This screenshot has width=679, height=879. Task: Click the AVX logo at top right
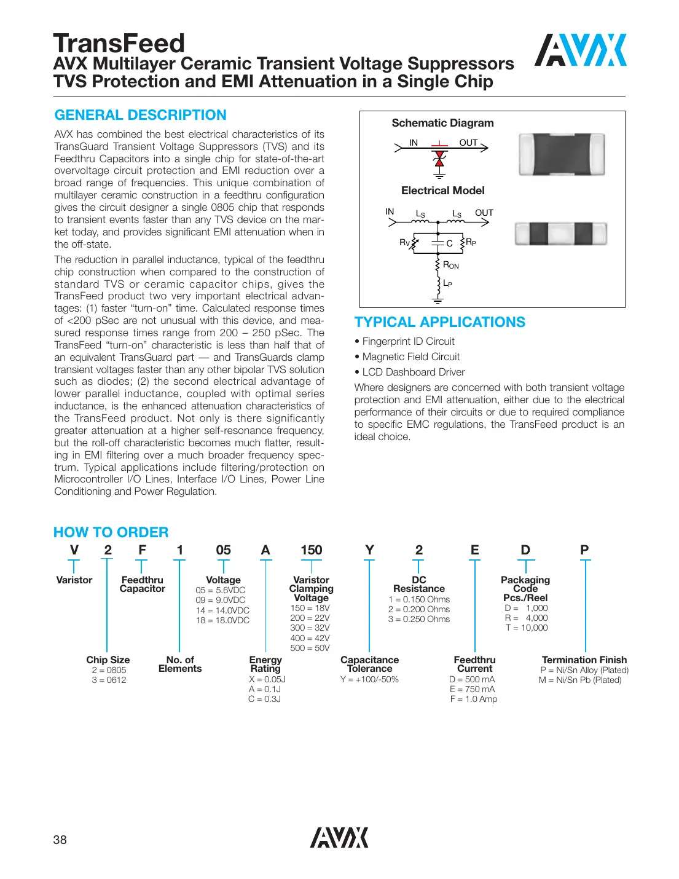click(580, 50)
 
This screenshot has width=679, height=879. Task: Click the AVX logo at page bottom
click(339, 837)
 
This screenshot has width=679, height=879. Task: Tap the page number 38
click(60, 840)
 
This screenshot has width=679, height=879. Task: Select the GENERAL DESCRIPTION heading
click(140, 115)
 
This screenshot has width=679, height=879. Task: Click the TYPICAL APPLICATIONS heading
click(439, 322)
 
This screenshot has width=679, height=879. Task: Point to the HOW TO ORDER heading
click(111, 532)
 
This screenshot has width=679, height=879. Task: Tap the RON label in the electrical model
click(450, 265)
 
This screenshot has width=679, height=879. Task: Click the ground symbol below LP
click(438, 300)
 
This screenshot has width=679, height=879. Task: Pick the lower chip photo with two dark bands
click(560, 234)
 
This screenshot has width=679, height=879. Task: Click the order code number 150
click(311, 550)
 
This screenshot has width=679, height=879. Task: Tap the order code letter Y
click(369, 550)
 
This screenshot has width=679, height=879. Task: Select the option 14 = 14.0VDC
click(222, 610)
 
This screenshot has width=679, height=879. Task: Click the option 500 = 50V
click(310, 648)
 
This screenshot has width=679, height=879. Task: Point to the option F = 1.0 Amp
click(473, 699)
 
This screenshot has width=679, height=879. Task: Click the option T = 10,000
click(526, 628)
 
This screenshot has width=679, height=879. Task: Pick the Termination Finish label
click(584, 660)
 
